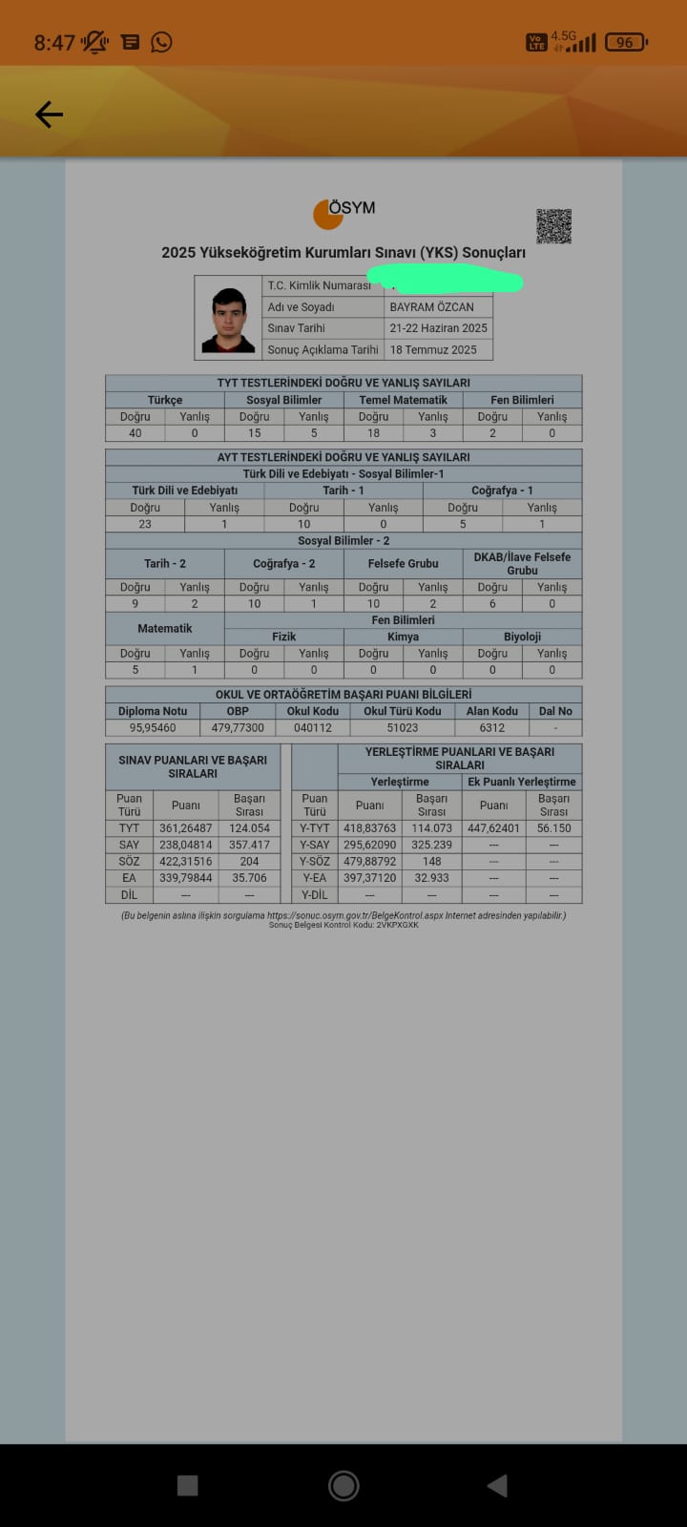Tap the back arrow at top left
click(x=49, y=115)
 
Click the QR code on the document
click(x=553, y=226)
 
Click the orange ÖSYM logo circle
click(x=327, y=215)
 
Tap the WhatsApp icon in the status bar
click(x=162, y=42)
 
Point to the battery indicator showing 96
click(x=625, y=42)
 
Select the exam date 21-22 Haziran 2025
click(x=438, y=328)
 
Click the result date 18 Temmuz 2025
click(x=433, y=350)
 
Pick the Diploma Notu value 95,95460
click(x=153, y=728)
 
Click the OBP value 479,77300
click(x=238, y=728)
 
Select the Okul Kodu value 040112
click(x=313, y=728)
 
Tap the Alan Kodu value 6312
click(x=492, y=728)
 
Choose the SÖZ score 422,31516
click(x=185, y=862)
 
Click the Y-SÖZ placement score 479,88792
click(x=369, y=862)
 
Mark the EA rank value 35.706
click(x=249, y=878)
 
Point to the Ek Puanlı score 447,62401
click(x=493, y=828)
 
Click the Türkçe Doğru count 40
click(x=135, y=433)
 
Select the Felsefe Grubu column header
click(x=404, y=564)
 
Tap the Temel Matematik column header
click(x=404, y=400)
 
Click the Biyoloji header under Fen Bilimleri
click(x=522, y=637)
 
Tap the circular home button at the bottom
click(x=343, y=1485)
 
